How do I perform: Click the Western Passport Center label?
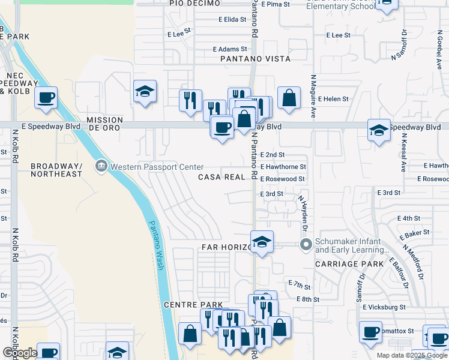tap(158, 166)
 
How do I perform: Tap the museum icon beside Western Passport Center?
tap(101, 166)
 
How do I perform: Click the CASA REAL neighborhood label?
tap(222, 178)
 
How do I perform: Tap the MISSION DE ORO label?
tap(104, 124)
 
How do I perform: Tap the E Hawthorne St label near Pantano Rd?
tap(283, 167)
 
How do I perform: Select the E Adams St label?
tap(230, 49)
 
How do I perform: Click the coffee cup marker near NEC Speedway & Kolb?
tap(46, 98)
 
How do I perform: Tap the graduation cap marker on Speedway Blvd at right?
tap(379, 130)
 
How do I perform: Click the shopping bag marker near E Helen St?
tap(289, 98)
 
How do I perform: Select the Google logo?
tap(19, 353)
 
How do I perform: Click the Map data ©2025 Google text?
tap(411, 355)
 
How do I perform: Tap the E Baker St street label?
tap(418, 232)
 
